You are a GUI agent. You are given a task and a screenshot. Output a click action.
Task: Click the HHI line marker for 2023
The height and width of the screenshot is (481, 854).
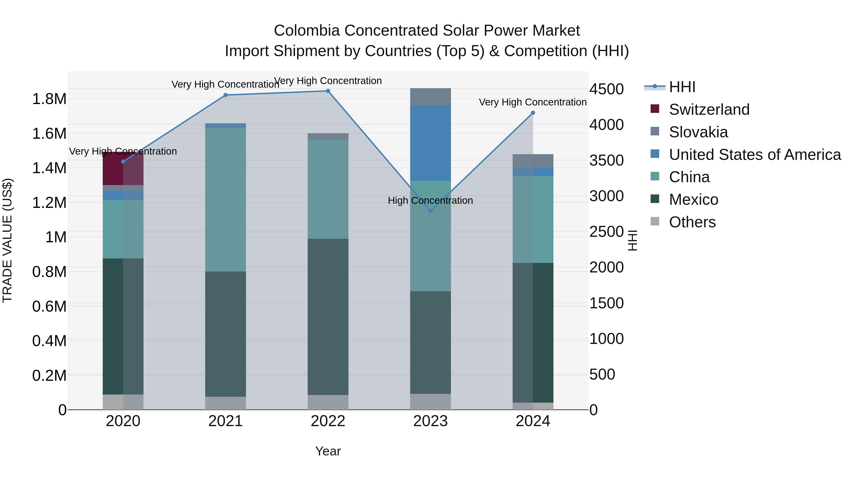(x=430, y=211)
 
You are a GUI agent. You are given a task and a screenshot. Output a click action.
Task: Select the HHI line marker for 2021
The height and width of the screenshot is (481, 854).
(x=225, y=95)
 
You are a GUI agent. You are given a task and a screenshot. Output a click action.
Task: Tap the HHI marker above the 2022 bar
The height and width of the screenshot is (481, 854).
(x=328, y=91)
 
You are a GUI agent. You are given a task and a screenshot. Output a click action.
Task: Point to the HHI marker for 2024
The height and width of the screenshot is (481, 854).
(x=533, y=113)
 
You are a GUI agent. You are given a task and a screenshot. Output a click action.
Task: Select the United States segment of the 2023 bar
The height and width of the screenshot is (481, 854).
(x=430, y=143)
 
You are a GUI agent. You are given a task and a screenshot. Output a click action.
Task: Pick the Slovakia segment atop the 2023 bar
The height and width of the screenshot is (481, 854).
(x=430, y=97)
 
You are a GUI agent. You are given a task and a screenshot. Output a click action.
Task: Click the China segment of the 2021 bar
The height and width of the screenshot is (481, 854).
(x=225, y=199)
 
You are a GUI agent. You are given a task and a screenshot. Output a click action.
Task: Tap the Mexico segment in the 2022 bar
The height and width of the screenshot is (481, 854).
(x=328, y=316)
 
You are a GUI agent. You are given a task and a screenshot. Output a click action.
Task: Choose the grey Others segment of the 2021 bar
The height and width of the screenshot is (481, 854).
(x=225, y=403)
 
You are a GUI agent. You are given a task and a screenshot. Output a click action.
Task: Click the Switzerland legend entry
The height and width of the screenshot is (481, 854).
(x=709, y=110)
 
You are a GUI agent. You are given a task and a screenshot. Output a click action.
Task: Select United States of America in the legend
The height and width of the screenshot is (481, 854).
(x=755, y=155)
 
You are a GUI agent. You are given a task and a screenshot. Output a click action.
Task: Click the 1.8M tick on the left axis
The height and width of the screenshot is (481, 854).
(x=49, y=99)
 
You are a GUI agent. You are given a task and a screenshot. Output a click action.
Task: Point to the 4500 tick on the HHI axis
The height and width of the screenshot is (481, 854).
(x=606, y=89)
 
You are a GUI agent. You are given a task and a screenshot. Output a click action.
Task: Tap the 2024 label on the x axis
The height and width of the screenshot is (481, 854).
(x=533, y=421)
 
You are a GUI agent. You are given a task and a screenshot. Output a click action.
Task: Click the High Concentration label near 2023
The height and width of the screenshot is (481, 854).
(x=430, y=200)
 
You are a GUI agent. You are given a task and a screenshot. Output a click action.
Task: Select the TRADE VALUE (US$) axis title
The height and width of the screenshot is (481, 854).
(x=7, y=240)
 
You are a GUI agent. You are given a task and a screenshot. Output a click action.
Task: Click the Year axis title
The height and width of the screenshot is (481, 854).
(x=328, y=451)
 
